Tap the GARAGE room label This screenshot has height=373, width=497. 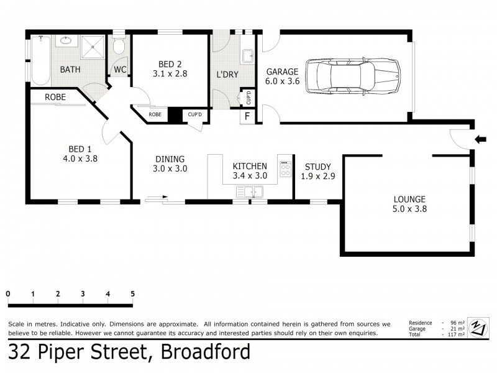(x=282, y=71)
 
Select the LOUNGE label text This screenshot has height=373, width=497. (x=409, y=200)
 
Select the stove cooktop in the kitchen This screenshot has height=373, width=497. (x=285, y=168)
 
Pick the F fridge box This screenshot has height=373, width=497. (x=247, y=116)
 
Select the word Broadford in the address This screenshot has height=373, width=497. (x=205, y=352)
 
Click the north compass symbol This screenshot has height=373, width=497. (x=478, y=326)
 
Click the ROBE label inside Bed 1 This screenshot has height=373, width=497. (x=57, y=97)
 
